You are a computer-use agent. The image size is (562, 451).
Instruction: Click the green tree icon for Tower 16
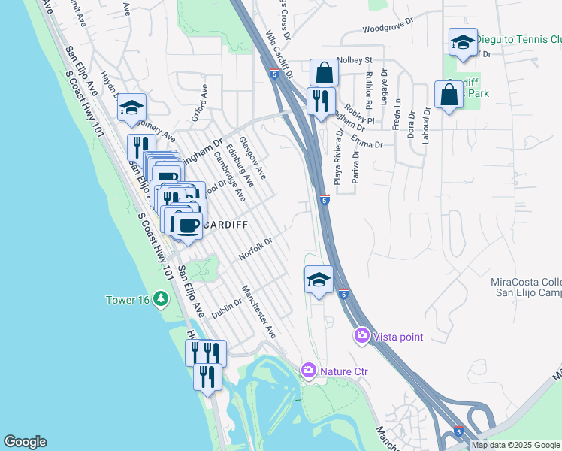click(160, 299)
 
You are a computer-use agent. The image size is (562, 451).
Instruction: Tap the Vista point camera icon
click(361, 336)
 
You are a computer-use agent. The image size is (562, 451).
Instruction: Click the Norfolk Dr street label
click(255, 250)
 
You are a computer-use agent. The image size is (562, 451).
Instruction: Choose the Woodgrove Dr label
click(388, 30)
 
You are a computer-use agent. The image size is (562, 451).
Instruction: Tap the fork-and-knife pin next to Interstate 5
click(321, 101)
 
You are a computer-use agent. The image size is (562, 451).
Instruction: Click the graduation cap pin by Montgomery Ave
click(131, 109)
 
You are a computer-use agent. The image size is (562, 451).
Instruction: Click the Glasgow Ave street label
click(252, 158)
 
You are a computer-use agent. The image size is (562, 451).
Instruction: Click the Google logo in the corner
click(25, 442)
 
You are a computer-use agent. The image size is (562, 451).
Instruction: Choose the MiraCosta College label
click(526, 282)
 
